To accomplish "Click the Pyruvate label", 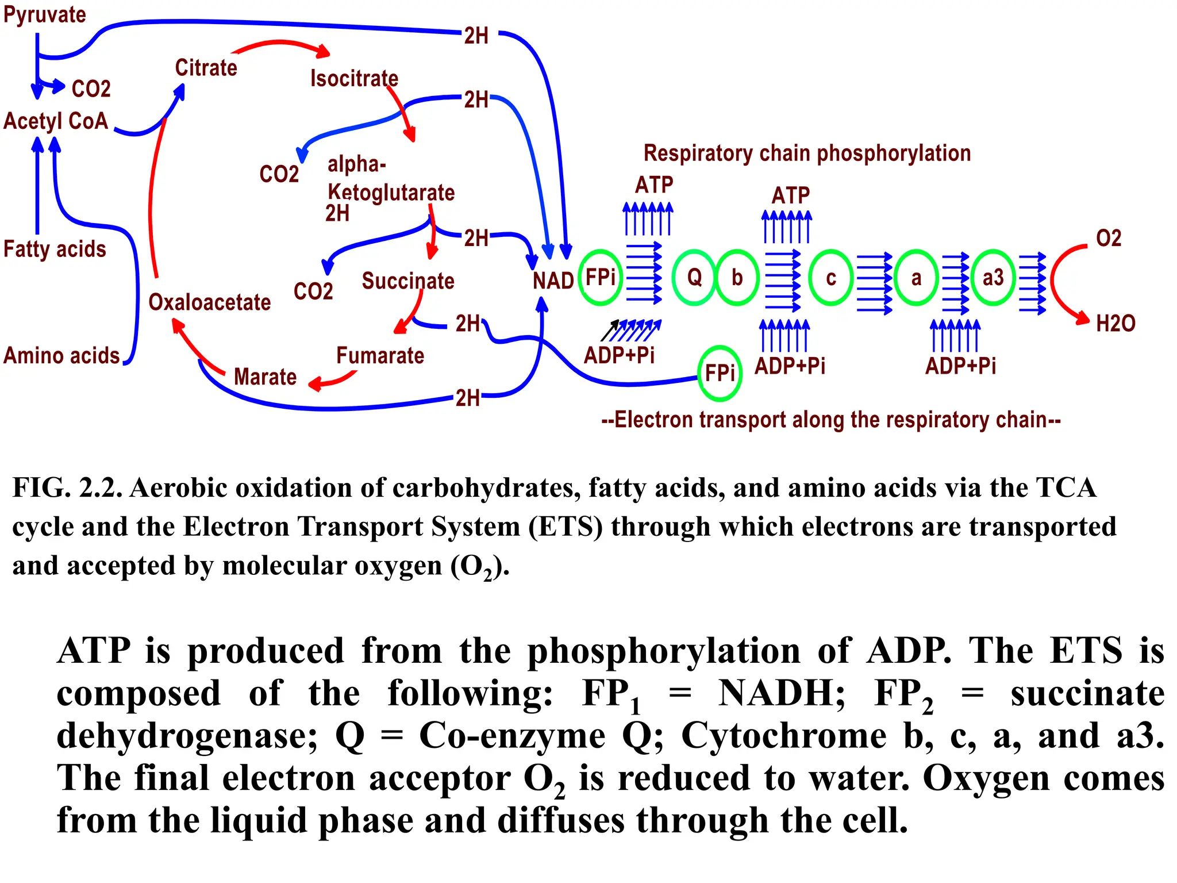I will point(45,15).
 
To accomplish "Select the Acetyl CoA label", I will point(56,121).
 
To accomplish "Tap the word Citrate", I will point(206,68).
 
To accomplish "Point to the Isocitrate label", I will point(354,79).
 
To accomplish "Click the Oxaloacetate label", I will point(209,302).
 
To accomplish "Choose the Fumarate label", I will point(380,356).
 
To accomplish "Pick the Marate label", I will point(265,377).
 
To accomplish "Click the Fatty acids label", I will point(55,249).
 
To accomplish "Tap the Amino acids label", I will point(61,356).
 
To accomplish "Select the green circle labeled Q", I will point(694,278).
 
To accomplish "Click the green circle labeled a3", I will point(993,278).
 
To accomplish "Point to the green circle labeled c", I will point(830,278).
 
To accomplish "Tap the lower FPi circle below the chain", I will point(720,373).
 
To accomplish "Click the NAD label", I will point(552,281).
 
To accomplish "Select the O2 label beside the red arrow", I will point(1108,239).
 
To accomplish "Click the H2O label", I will point(1115,324).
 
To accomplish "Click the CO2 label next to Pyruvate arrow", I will point(91,89).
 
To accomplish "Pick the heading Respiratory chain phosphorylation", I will point(807,153).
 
